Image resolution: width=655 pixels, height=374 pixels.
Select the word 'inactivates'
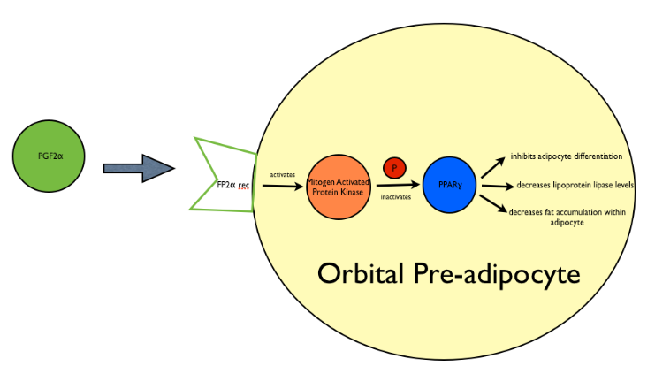coord(395,197)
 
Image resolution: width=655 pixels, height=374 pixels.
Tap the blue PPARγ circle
coord(450,185)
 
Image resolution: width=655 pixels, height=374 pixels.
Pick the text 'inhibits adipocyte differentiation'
coord(567,156)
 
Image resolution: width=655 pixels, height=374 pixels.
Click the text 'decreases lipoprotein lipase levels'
coord(575,185)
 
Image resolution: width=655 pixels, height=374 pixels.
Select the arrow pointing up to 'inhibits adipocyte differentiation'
coord(492,165)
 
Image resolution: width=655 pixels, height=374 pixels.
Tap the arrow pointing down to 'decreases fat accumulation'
coord(492,203)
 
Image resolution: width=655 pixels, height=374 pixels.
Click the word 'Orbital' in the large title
coord(364,273)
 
